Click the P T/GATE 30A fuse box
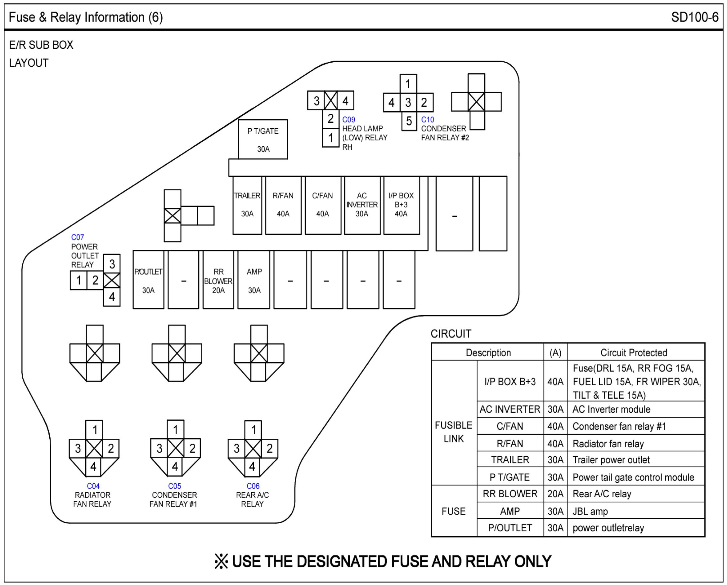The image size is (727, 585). (263, 140)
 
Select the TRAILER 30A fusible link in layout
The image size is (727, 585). (247, 205)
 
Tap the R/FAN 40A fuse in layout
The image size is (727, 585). (283, 205)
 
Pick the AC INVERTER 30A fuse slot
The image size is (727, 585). (362, 205)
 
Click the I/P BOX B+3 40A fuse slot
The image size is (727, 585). (401, 205)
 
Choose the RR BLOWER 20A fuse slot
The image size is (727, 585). (218, 280)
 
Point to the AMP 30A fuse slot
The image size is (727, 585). (254, 280)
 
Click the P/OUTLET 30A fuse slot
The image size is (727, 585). (148, 280)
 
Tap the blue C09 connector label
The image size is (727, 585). (349, 120)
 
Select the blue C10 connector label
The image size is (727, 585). (428, 120)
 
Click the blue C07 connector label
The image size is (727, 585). (78, 237)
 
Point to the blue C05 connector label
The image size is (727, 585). (175, 486)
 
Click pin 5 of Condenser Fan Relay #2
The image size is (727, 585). (409, 121)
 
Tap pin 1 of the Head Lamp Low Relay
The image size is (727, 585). (330, 138)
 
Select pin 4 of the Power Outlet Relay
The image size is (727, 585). (112, 297)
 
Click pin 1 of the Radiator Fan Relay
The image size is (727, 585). (95, 430)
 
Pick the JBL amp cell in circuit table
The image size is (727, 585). (590, 511)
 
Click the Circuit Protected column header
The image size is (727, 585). (634, 352)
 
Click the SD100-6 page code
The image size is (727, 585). (695, 17)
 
